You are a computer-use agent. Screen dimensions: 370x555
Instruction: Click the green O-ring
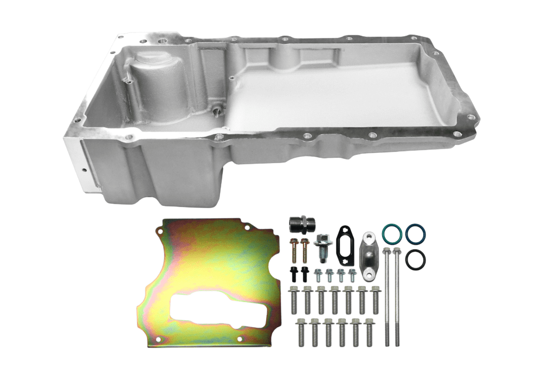coord(391,233)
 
